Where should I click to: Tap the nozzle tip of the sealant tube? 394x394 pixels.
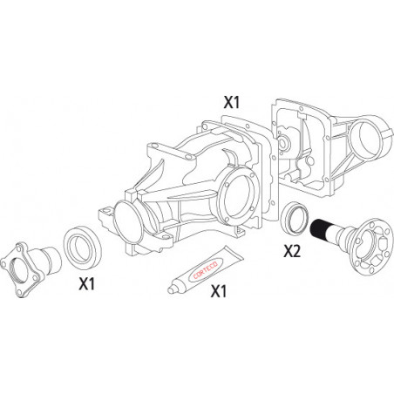point(170,290)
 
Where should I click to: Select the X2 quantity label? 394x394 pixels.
point(292,251)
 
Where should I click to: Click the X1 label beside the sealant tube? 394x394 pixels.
point(219,291)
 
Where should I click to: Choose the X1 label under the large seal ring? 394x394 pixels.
point(87,283)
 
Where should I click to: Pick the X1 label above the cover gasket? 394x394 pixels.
point(232,102)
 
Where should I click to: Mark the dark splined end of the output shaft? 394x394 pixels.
point(318,228)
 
